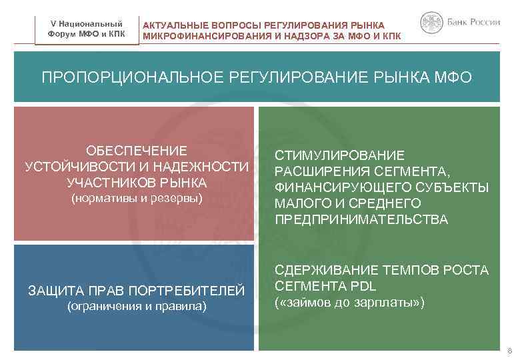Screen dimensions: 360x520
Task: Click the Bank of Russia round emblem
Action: pos(431,23)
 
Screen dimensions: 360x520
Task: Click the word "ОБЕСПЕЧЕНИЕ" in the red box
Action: pos(137,151)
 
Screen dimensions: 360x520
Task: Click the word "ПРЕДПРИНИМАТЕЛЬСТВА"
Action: pos(361,219)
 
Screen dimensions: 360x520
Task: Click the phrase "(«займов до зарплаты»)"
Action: pos(349,302)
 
